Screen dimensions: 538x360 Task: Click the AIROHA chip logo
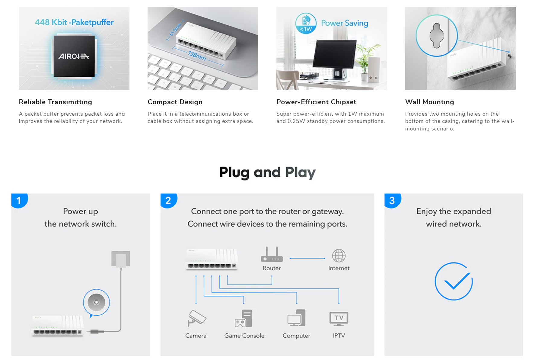[x=74, y=56]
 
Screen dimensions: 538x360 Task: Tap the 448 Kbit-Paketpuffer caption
[x=74, y=22]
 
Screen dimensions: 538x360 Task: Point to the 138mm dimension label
[x=197, y=56]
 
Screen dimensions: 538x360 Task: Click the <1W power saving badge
[x=306, y=23]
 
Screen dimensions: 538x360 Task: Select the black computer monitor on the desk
[x=335, y=54]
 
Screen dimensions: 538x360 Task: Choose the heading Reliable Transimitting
[x=56, y=102]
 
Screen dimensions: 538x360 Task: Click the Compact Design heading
[x=175, y=102]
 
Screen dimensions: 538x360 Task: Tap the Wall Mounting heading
[x=430, y=102]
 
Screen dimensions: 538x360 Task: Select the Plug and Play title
[x=268, y=172]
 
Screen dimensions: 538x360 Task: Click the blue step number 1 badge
[x=19, y=201]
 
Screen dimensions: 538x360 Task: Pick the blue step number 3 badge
[x=393, y=201]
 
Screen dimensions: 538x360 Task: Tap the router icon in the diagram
[x=272, y=254]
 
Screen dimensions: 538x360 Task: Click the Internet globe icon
[x=339, y=256]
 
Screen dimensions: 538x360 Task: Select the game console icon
[x=244, y=318]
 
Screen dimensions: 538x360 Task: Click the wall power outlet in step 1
[x=121, y=259]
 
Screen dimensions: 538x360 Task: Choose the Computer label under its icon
[x=296, y=336]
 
